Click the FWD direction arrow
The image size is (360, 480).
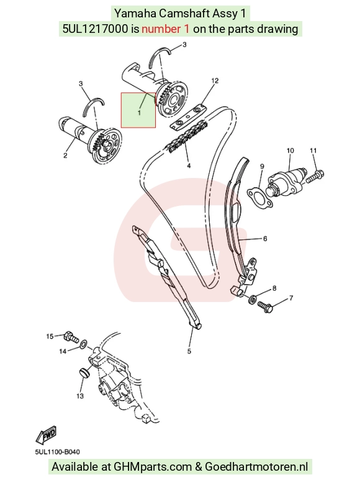47,435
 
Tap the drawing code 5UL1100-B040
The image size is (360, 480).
57,452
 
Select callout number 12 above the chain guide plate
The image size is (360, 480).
215,81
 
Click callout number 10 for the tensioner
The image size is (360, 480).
290,150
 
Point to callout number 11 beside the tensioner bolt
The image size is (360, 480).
313,150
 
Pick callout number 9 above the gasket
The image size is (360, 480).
262,166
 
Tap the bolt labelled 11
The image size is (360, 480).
315,176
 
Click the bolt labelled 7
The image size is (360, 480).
265,307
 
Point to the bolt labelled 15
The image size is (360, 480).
71,337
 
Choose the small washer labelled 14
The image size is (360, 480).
83,345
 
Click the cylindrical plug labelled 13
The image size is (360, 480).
83,373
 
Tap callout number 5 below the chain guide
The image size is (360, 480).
189,351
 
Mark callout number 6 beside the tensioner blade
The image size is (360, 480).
265,239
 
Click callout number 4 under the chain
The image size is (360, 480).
189,166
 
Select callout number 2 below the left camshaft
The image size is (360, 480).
65,156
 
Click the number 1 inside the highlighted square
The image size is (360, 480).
139,113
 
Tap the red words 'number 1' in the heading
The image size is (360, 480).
165,29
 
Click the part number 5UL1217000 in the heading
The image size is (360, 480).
96,29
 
